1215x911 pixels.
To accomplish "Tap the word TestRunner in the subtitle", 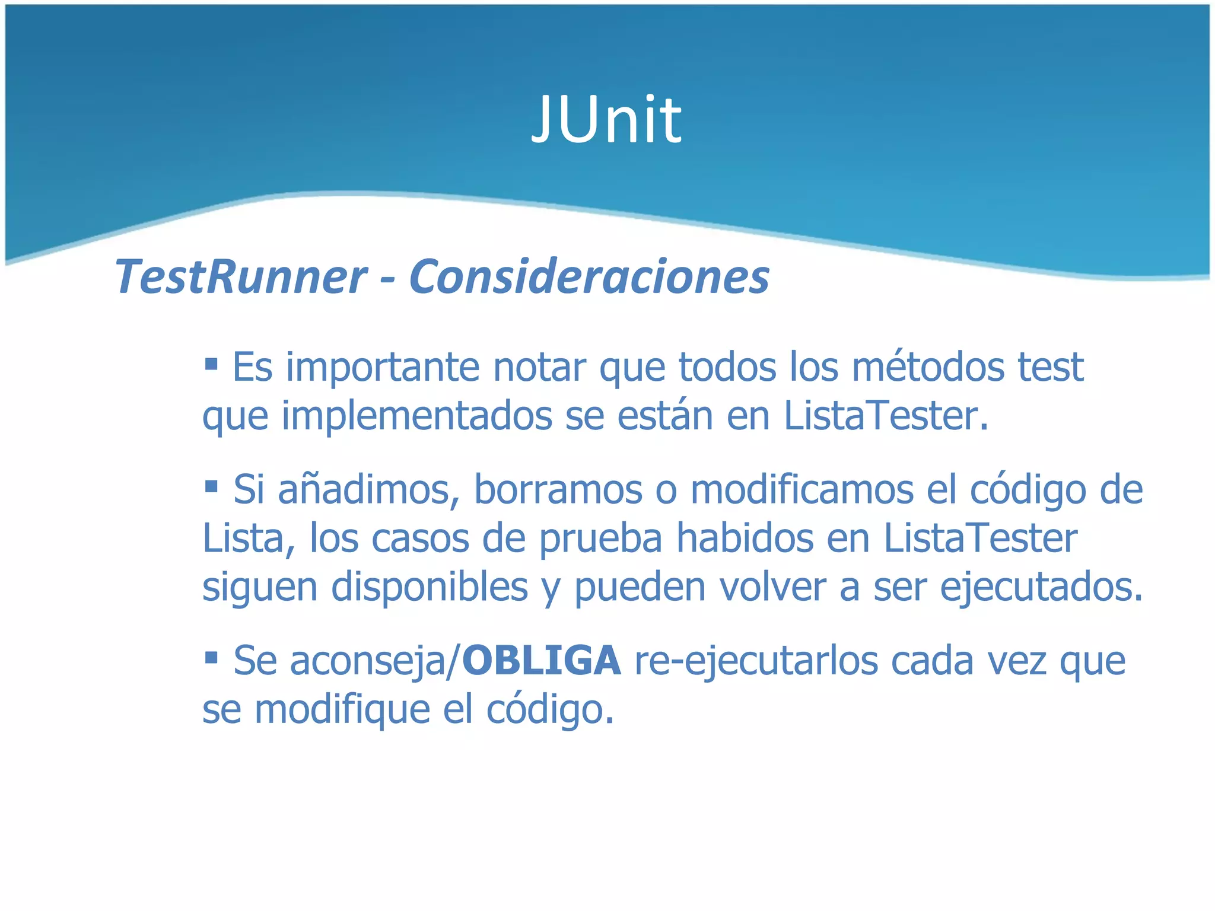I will [x=241, y=276].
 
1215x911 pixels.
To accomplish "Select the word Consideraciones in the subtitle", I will [x=589, y=276].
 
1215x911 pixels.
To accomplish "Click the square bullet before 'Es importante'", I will [x=211, y=362].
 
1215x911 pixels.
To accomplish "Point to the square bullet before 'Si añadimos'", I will [x=211, y=486].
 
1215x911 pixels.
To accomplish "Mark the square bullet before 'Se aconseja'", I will [x=211, y=657].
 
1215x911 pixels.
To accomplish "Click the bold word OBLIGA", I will [x=541, y=661].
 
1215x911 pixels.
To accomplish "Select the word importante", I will [x=383, y=368].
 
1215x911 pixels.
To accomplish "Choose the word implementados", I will [x=417, y=416].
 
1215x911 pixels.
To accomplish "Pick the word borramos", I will [x=558, y=490].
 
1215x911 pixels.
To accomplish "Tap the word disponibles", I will [x=430, y=587].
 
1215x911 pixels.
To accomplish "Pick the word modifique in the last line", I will [x=342, y=710].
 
